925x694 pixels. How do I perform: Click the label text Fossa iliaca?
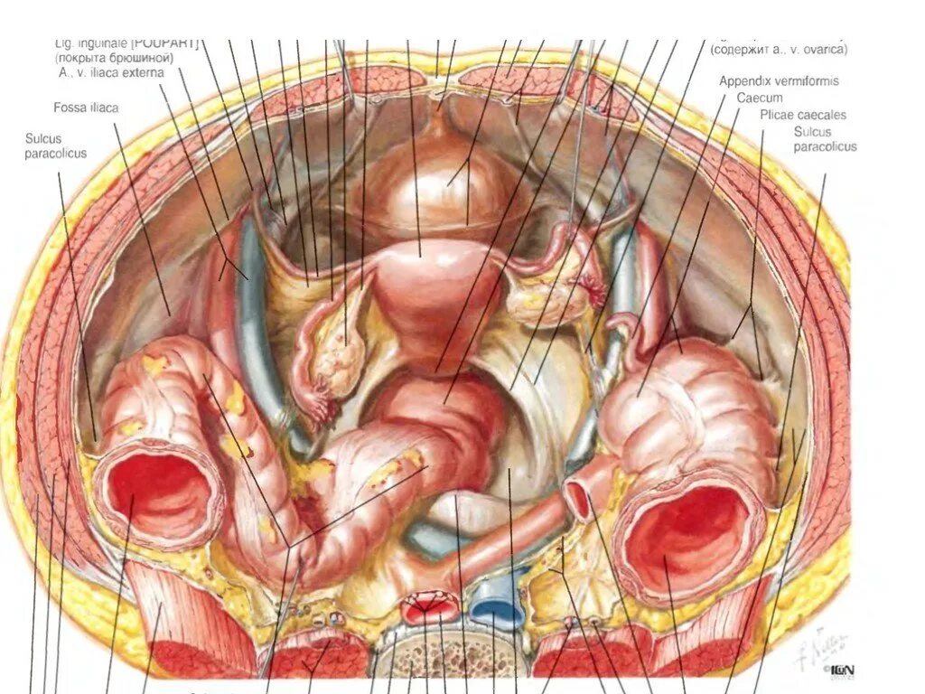pyautogui.click(x=86, y=108)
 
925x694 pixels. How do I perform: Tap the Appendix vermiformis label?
pyautogui.click(x=779, y=81)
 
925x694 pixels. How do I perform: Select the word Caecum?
pyautogui.click(x=758, y=98)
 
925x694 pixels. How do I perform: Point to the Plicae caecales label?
pyautogui.click(x=802, y=115)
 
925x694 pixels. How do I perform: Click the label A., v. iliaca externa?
pyautogui.click(x=111, y=72)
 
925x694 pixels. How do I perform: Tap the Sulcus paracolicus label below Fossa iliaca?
pyautogui.click(x=56, y=145)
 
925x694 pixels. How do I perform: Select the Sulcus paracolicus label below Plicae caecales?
pyautogui.click(x=824, y=139)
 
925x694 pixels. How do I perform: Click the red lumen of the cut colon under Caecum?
pyautogui.click(x=687, y=541)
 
